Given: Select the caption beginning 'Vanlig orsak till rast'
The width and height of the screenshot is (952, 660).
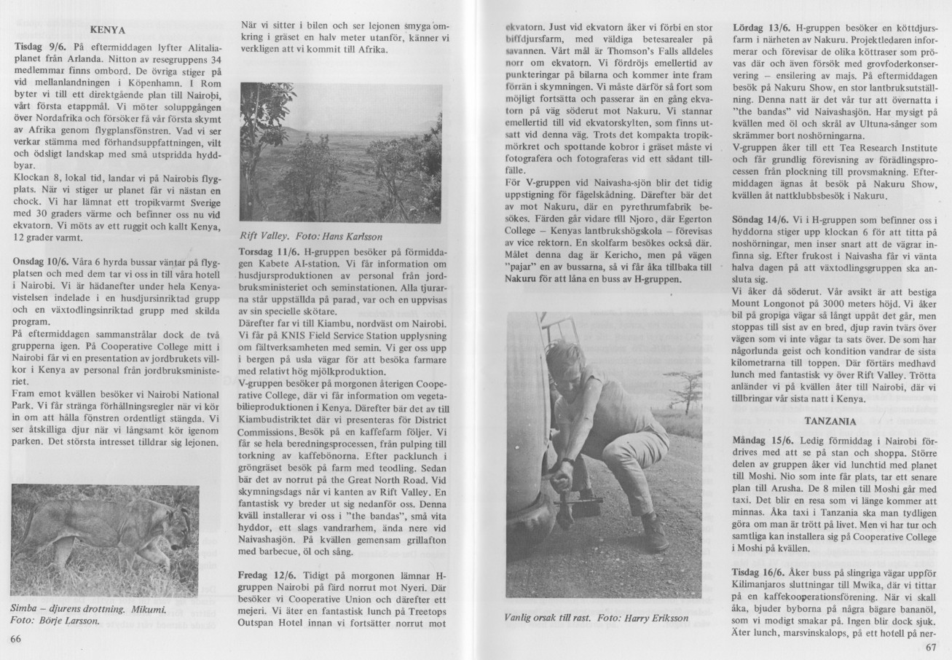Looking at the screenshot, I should (x=586, y=618).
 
